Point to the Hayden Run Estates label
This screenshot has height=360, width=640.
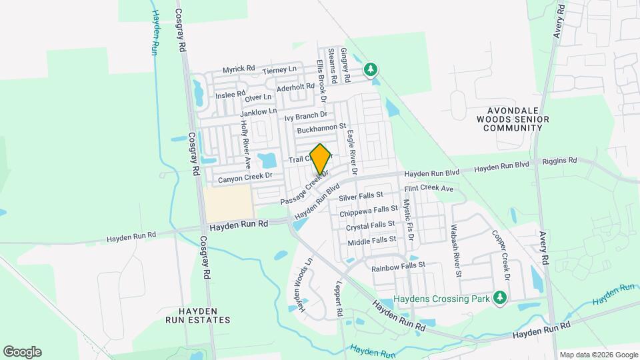198,315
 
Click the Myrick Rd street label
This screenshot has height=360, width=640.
239,69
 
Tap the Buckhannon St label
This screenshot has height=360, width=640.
322,126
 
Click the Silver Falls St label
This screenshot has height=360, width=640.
361,197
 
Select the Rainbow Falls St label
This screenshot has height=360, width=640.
398,266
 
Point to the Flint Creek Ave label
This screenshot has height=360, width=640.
429,189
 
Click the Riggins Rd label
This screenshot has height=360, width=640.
559,161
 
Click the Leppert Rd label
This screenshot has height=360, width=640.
339,301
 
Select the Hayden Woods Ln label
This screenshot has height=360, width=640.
300,285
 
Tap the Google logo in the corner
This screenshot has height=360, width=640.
22,352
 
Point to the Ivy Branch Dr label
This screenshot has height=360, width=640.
305,117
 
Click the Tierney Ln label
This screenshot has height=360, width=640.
279,70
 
